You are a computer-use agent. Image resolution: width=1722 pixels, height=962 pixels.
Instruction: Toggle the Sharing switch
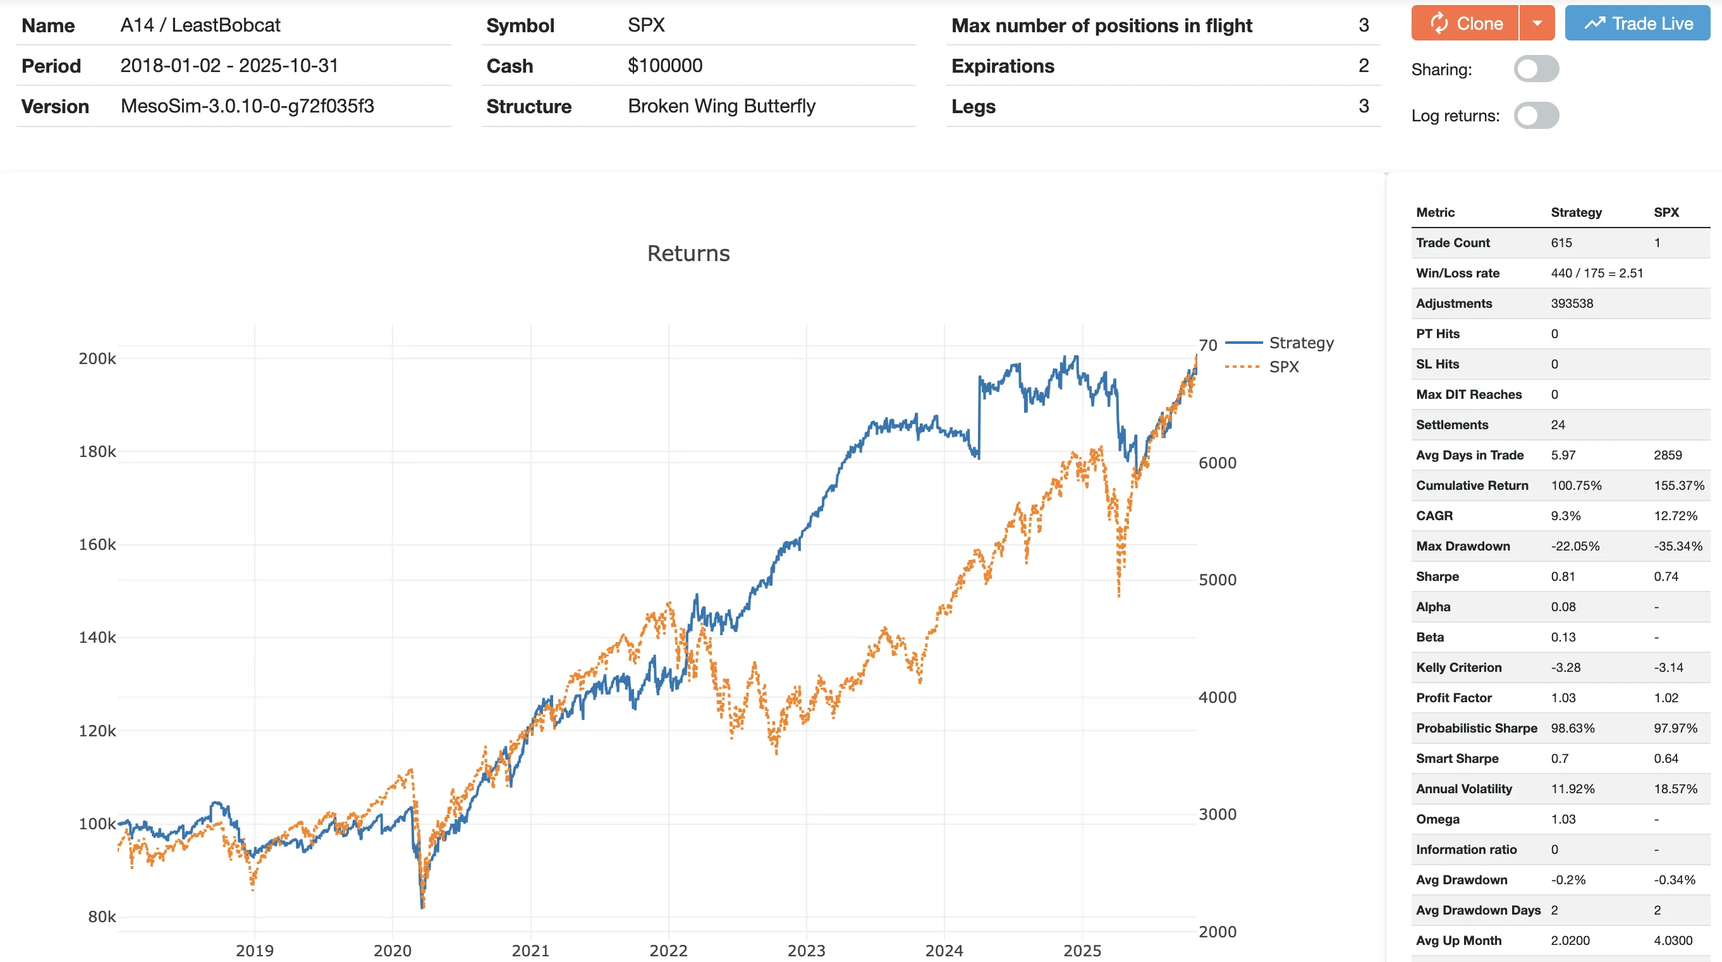[x=1536, y=69]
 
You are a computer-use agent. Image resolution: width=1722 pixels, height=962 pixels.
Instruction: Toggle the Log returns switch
[x=1536, y=116]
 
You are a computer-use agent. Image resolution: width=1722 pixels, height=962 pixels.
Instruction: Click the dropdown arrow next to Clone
[x=1537, y=23]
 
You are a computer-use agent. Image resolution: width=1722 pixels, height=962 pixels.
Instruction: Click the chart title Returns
[x=688, y=253]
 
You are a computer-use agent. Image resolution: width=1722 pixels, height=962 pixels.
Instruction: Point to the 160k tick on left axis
[x=97, y=545]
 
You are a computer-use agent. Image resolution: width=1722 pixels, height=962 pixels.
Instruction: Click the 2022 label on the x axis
[x=668, y=950]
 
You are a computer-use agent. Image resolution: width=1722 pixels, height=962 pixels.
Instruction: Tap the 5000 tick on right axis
[x=1217, y=580]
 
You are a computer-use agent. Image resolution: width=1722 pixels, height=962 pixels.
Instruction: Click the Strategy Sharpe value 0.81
[x=1562, y=576]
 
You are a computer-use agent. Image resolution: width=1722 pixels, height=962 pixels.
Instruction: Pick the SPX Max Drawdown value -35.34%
[x=1678, y=546]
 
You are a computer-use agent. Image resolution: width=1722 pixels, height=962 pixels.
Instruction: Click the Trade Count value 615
[x=1561, y=243]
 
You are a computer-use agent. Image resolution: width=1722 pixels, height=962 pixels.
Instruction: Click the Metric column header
[x=1434, y=212]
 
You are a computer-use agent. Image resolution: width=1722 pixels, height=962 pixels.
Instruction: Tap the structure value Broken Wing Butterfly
[x=721, y=106]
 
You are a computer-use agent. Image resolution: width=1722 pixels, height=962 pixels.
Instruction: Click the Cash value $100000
[x=664, y=66]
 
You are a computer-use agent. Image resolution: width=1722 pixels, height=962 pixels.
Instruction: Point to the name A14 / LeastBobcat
[x=200, y=25]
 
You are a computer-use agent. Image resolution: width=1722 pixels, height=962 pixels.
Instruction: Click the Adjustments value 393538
[x=1572, y=303]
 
